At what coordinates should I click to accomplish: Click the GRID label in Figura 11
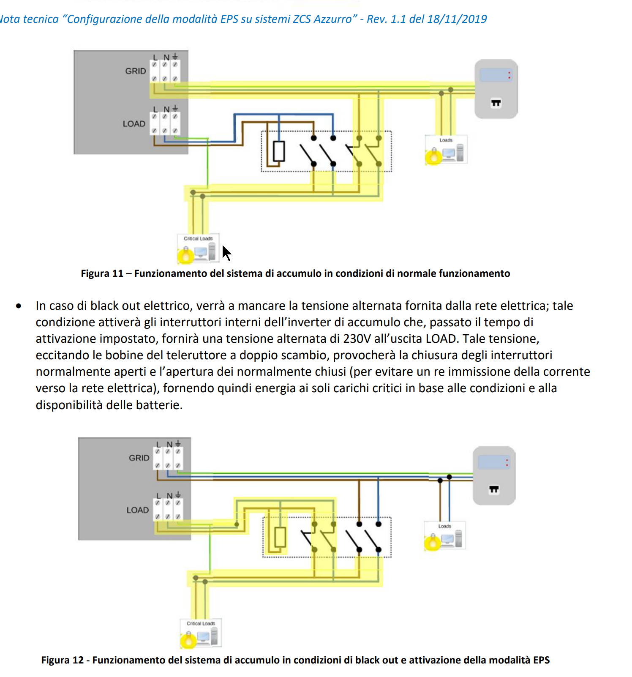136,71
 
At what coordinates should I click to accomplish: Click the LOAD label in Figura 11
134,124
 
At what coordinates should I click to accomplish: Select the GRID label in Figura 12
139,458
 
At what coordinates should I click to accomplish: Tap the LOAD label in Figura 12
138,510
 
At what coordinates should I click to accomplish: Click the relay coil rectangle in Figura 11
279,151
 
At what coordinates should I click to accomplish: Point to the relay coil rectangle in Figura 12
280,537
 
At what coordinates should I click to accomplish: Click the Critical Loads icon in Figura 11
198,248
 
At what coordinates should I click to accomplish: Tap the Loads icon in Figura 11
446,150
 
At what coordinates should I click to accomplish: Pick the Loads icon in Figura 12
445,535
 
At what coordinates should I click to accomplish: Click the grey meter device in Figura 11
496,89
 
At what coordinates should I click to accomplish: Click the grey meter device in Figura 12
494,475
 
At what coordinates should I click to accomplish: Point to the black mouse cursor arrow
226,253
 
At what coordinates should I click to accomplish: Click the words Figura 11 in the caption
102,273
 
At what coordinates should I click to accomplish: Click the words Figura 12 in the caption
63,660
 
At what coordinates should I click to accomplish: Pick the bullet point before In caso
19,306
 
